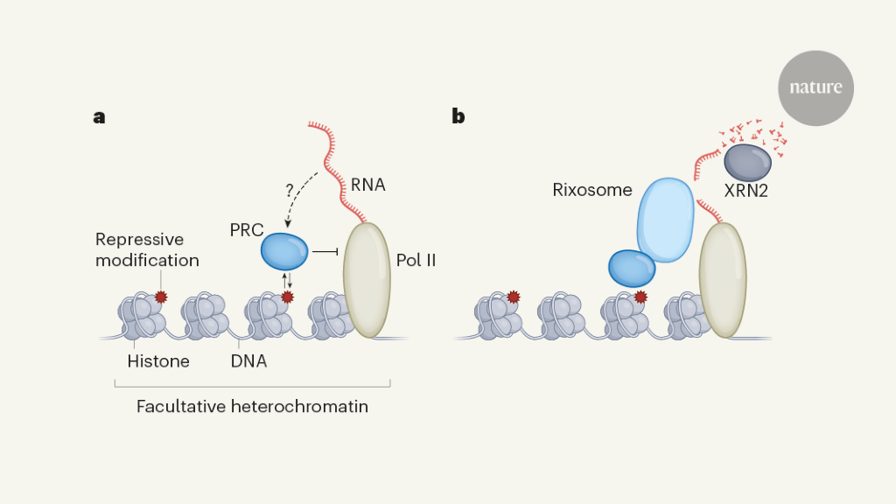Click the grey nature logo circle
point(815,87)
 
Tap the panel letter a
point(99,115)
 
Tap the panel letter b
point(458,115)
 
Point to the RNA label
point(367,185)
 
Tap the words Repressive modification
point(147,249)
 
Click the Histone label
point(158,360)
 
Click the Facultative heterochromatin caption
point(252,407)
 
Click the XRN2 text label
point(745,190)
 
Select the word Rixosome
point(592,190)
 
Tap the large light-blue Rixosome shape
point(664,220)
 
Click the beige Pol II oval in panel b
point(723,280)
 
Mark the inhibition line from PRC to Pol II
point(325,252)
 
